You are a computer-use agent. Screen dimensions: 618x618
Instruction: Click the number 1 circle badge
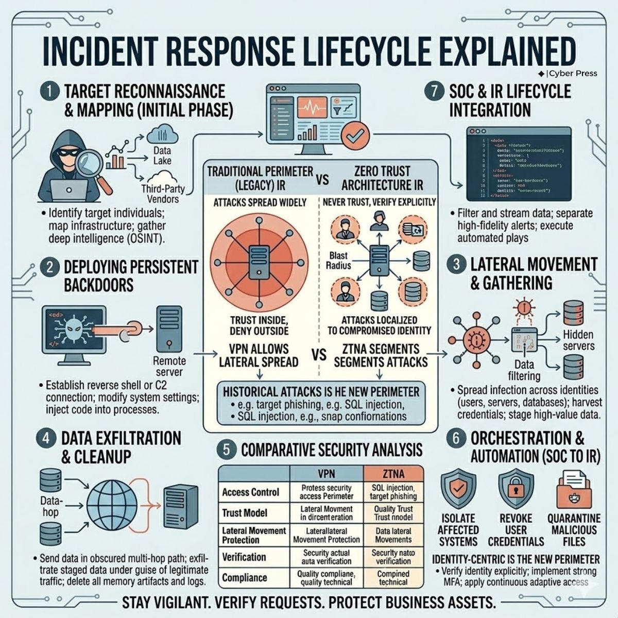pyautogui.click(x=49, y=92)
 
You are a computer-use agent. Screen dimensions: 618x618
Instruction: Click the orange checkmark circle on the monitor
pyautogui.click(x=356, y=135)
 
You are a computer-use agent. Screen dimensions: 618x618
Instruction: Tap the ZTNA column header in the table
pyautogui.click(x=393, y=473)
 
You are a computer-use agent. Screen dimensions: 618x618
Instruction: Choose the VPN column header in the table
pyautogui.click(x=327, y=473)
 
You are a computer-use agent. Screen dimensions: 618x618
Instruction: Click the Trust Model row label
pyautogui.click(x=245, y=513)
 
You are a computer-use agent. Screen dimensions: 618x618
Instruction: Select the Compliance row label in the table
pyautogui.click(x=245, y=578)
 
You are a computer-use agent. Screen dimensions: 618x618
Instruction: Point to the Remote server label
pyautogui.click(x=168, y=366)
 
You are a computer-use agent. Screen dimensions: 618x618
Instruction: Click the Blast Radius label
pyautogui.click(x=338, y=260)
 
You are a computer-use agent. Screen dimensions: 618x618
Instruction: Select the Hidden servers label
pyautogui.click(x=578, y=340)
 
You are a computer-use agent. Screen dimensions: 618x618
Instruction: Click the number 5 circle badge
pyautogui.click(x=227, y=450)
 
